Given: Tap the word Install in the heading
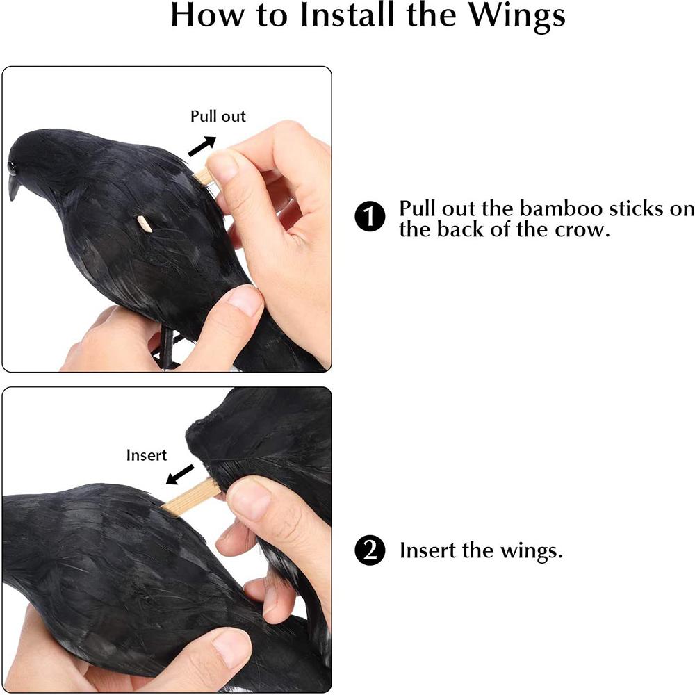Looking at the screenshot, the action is (347, 15).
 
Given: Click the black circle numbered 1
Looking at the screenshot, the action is (370, 217).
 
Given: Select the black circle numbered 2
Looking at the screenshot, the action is (370, 550).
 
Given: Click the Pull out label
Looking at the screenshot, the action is (218, 116).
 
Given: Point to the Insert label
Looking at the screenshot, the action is (146, 455).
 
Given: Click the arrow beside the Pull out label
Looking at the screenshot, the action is (202, 146).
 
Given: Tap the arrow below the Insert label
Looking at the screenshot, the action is (180, 474).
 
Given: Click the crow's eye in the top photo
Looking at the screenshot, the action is (12, 167).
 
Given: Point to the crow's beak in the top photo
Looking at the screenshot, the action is (13, 187).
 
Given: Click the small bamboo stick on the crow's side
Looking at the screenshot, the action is (145, 224).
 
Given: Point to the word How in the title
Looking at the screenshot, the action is (207, 15).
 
